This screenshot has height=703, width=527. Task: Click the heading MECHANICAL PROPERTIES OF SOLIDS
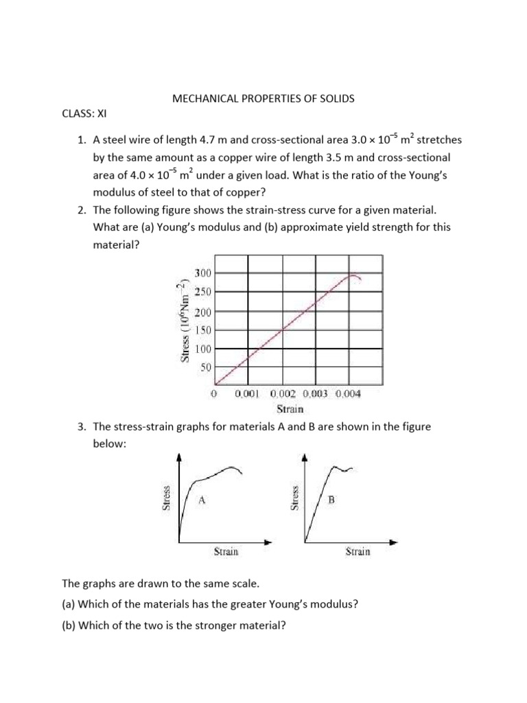coord(263,99)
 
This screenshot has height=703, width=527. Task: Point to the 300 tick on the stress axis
coord(203,273)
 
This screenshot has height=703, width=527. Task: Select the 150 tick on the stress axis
coord(203,330)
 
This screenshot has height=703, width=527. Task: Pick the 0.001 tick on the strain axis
coord(246,395)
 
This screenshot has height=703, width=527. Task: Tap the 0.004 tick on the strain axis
coord(348,395)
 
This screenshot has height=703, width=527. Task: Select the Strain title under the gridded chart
coord(290,410)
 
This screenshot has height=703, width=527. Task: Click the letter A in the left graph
coord(202,501)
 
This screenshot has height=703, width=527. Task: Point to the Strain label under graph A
coord(226,551)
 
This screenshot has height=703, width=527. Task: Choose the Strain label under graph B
coord(358,551)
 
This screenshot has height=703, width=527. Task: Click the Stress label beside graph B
coord(296,498)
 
